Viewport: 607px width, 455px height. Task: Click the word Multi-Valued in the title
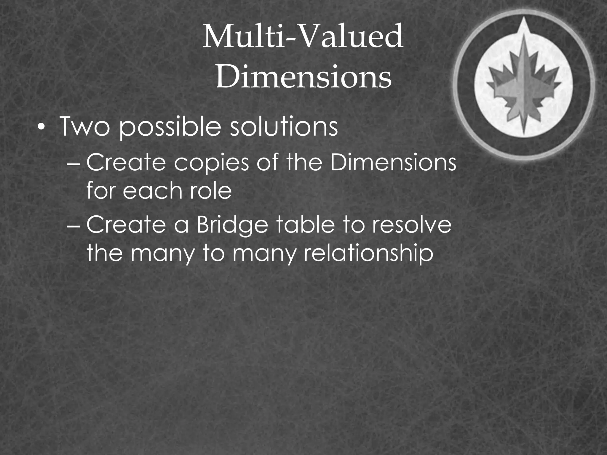coord(303,37)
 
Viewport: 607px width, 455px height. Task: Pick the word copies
coord(212,164)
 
